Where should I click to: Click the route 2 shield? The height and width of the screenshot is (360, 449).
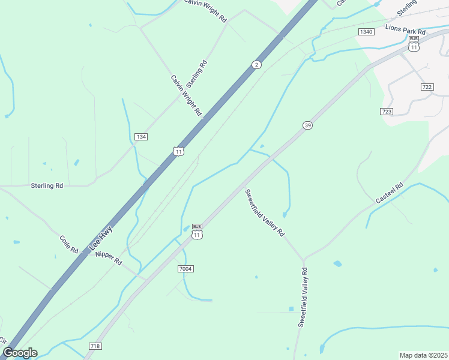pyautogui.click(x=256, y=64)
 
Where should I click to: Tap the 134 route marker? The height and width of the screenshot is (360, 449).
pyautogui.click(x=141, y=137)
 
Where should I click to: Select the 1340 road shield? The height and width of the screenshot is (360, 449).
pyautogui.click(x=366, y=31)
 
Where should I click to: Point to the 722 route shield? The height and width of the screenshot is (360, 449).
pyautogui.click(x=427, y=87)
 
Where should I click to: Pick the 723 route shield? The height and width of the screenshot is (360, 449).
pyautogui.click(x=387, y=112)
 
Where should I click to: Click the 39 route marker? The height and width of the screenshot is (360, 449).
pyautogui.click(x=307, y=125)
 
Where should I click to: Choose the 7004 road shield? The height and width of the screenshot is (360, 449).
pyautogui.click(x=185, y=268)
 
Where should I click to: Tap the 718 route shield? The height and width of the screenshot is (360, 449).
pyautogui.click(x=95, y=346)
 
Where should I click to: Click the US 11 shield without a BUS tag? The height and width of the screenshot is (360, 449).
pyautogui.click(x=179, y=151)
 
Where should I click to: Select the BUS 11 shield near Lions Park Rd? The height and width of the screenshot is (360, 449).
pyautogui.click(x=414, y=44)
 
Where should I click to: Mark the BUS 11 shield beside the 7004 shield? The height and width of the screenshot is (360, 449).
pyautogui.click(x=197, y=232)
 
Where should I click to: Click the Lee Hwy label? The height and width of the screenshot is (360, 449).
pyautogui.click(x=101, y=237)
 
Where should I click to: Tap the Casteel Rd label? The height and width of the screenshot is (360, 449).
pyautogui.click(x=390, y=193)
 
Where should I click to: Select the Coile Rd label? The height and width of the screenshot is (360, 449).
pyautogui.click(x=69, y=244)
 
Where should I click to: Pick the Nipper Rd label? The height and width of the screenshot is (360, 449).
pyautogui.click(x=108, y=258)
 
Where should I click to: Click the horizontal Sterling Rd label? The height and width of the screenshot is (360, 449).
pyautogui.click(x=47, y=186)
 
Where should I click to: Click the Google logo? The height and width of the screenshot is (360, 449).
pyautogui.click(x=19, y=353)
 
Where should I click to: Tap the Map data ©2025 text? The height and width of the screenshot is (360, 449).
pyautogui.click(x=423, y=355)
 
